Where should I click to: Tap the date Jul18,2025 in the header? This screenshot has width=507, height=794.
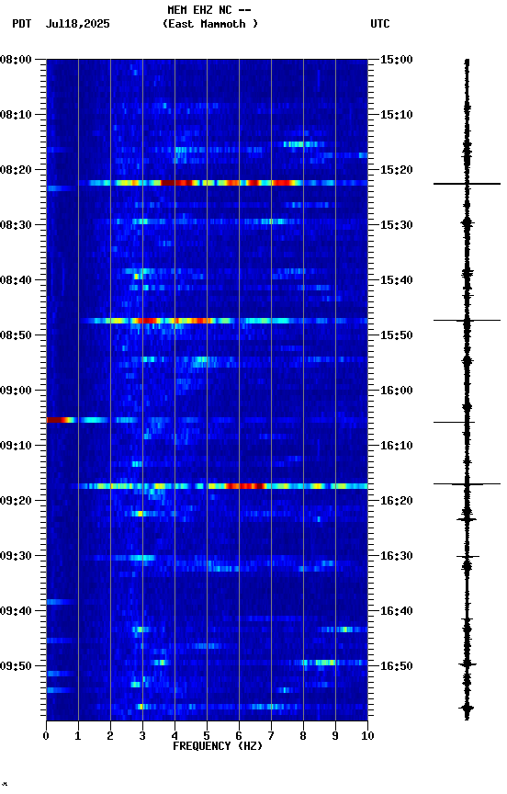coord(77,24)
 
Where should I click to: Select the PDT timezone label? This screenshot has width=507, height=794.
coord(22,24)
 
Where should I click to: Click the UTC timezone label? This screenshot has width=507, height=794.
coord(380,24)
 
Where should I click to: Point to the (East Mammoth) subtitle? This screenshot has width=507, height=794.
coord(210,24)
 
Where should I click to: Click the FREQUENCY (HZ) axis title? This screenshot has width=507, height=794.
coord(217,746)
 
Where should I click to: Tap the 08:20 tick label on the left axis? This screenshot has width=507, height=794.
coord(16,170)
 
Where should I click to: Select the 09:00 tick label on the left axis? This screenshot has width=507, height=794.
coord(16,391)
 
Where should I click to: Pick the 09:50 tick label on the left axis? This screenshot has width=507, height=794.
coord(16,666)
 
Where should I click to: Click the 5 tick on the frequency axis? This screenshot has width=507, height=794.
coord(207,735)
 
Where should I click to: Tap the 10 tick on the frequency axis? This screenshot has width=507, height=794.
coord(367,735)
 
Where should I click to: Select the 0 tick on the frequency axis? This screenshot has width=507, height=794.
coord(46,735)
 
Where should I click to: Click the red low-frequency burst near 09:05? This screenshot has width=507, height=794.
coord(60,420)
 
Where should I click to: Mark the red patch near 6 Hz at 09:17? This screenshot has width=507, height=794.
coord(243,485)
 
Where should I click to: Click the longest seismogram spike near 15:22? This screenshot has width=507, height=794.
coord(467,184)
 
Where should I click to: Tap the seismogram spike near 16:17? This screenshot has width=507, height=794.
coord(467,483)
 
